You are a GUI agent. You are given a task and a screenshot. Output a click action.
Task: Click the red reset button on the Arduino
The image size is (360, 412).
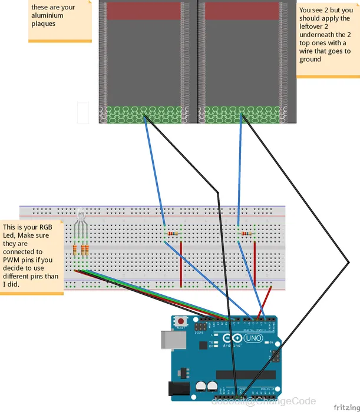181,321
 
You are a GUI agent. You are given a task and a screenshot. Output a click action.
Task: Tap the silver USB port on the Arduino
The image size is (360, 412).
169,340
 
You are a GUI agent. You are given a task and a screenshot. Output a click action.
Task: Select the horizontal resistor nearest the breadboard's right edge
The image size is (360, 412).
246,234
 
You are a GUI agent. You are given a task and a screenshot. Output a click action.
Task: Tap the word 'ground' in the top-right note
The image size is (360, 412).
310,59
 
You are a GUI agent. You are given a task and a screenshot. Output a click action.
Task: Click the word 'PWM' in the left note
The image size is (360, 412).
14,260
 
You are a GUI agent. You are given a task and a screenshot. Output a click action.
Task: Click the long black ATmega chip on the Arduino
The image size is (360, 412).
245,375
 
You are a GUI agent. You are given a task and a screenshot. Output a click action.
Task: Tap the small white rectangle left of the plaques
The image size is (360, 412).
82,112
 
